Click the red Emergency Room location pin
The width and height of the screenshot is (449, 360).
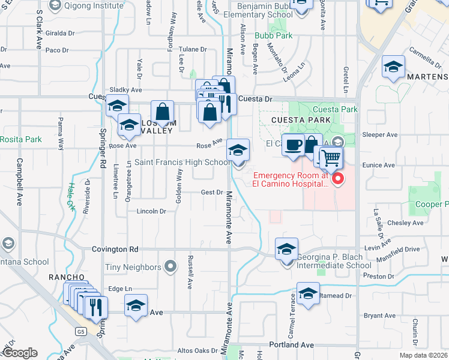pos(337,178)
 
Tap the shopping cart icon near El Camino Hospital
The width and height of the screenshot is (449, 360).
pos(331,158)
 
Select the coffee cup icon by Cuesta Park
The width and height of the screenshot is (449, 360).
pos(293,145)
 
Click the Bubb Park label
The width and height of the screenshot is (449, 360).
pos(273,36)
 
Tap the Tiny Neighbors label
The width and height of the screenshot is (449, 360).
pos(133,267)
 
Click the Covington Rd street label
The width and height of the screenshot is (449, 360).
pos(115,249)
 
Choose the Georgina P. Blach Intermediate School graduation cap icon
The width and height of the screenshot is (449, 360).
pos(287,249)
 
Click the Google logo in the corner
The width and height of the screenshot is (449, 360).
pos(20,353)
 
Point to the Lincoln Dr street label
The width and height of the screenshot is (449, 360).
pos(151,211)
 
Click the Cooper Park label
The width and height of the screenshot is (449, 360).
pos(435,205)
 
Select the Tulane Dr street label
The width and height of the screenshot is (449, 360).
pos(192,50)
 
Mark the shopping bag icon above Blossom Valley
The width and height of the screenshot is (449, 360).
pos(162,111)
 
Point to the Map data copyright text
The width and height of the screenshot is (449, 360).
pos(424,355)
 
